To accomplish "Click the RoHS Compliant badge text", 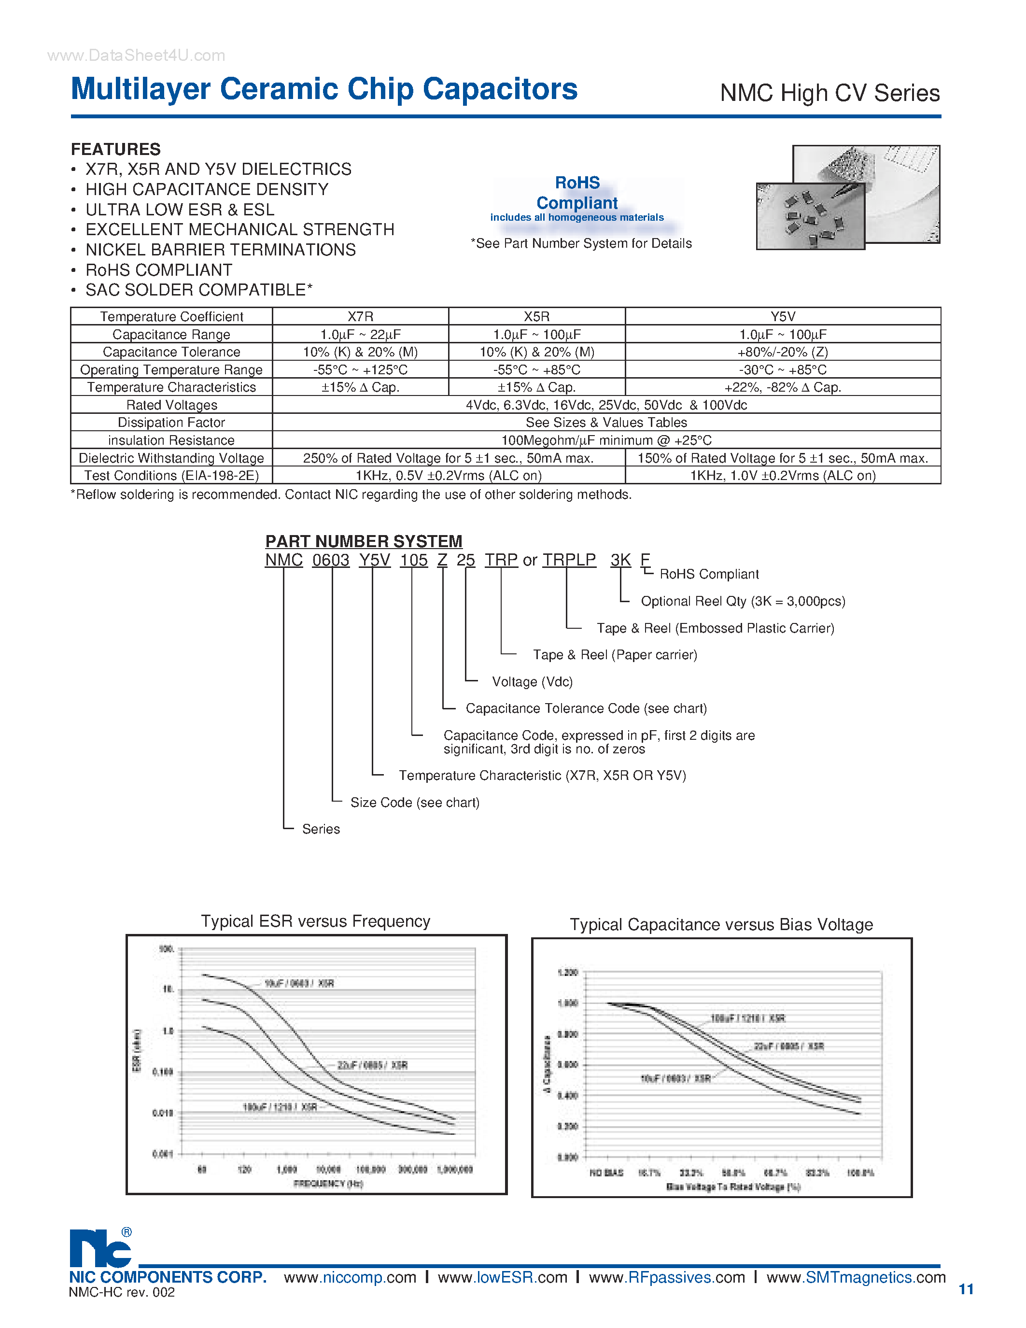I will (577, 193).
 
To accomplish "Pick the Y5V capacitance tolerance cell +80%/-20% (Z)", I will (782, 352).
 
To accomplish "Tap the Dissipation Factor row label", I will (171, 423).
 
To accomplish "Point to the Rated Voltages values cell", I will (606, 405).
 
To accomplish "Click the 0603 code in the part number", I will (331, 560).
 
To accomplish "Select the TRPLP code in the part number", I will (569, 560).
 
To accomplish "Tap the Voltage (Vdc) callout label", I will (532, 682).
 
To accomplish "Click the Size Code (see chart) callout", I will (415, 803).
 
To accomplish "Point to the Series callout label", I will (321, 829).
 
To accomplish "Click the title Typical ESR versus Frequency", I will (315, 921).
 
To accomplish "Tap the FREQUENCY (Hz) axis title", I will (328, 1183).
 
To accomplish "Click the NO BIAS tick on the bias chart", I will (606, 1173).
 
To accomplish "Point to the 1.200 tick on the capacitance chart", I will (567, 972).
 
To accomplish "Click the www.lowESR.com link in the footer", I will (502, 1277).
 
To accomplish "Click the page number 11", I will (966, 1289).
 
